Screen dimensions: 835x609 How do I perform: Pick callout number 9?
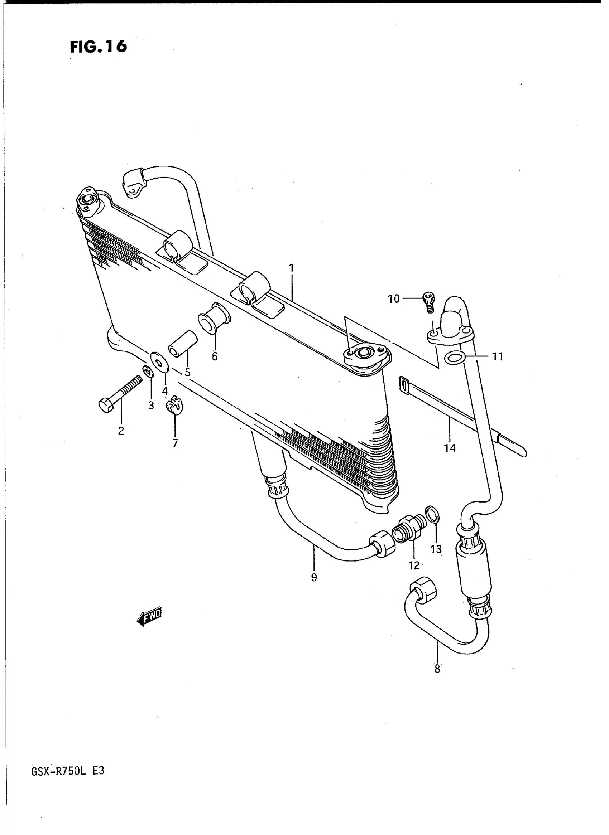click(x=314, y=578)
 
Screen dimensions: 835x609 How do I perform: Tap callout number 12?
click(x=414, y=565)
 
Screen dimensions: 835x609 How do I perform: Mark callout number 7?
click(x=175, y=443)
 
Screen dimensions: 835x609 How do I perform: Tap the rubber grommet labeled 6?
click(x=214, y=319)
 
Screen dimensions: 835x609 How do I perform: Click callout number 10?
click(x=394, y=299)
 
